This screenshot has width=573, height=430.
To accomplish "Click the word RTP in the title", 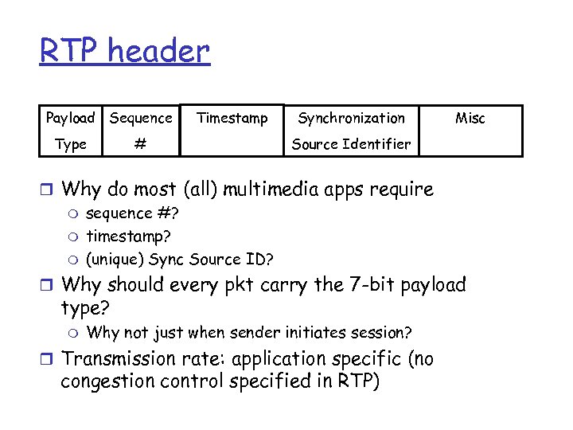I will [x=69, y=52].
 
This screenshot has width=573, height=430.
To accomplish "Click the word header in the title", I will [x=158, y=52].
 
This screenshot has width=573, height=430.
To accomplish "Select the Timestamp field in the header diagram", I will [x=232, y=119].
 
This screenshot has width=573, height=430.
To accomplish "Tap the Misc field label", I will [x=470, y=119].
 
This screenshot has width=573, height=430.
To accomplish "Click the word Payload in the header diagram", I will [x=70, y=119].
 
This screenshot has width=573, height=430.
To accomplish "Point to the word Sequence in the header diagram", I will [x=141, y=119].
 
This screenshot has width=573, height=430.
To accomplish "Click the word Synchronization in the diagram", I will [x=351, y=119].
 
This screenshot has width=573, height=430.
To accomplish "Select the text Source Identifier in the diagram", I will [x=351, y=144].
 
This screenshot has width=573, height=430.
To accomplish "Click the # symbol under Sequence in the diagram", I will [x=140, y=144].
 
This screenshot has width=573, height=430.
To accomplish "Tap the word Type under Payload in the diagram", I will [x=71, y=144].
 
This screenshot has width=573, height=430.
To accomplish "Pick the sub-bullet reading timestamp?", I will [x=128, y=236].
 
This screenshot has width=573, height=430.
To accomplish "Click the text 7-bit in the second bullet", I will [x=372, y=284].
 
